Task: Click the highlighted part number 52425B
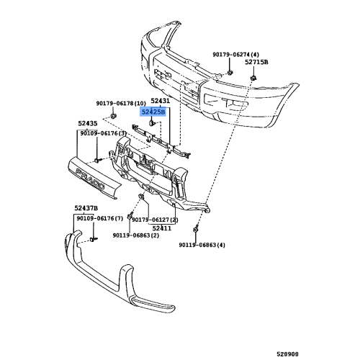pyautogui.click(x=153, y=112)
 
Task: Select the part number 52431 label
pyautogui.click(x=160, y=101)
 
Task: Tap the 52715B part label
pyautogui.click(x=256, y=62)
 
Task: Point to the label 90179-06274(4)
pyautogui.click(x=235, y=55)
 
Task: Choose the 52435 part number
pyautogui.click(x=88, y=123)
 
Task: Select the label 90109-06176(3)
pyautogui.click(x=103, y=133)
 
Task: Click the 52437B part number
pyautogui.click(x=86, y=208)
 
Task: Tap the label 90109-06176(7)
pyautogui.click(x=100, y=218)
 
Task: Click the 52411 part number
pyautogui.click(x=162, y=228)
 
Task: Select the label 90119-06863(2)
pyautogui.click(x=136, y=235)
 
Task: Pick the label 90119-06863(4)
pyautogui.click(x=202, y=245)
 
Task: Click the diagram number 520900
pyautogui.click(x=287, y=354)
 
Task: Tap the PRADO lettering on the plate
pyautogui.click(x=90, y=179)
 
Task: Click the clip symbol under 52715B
pyautogui.click(x=253, y=78)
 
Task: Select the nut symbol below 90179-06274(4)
pyautogui.click(x=230, y=72)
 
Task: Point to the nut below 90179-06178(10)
pyautogui.click(x=113, y=117)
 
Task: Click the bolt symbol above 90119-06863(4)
pyautogui.click(x=196, y=229)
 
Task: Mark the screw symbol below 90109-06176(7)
pyautogui.click(x=94, y=239)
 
